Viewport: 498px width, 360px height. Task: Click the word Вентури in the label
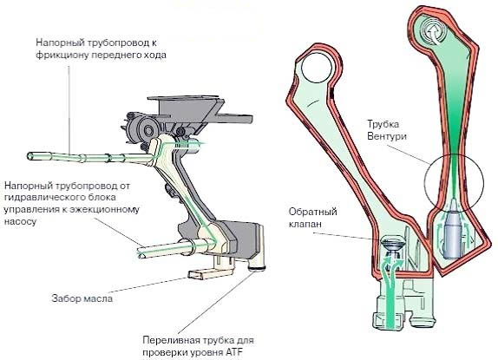(x=387, y=136)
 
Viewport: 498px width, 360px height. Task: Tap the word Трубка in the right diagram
(x=383, y=124)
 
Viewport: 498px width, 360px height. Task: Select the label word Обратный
(x=313, y=212)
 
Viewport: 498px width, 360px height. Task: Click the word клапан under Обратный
(x=305, y=224)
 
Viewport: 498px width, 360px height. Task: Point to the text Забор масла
(x=82, y=298)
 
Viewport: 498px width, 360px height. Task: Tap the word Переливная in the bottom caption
(x=172, y=341)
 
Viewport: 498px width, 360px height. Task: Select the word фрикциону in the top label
(x=62, y=55)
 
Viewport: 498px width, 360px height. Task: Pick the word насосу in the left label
(x=20, y=221)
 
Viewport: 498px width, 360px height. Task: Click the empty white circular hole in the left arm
(x=317, y=68)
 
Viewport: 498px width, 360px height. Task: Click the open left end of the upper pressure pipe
(x=30, y=156)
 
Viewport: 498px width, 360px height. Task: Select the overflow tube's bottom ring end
(x=257, y=269)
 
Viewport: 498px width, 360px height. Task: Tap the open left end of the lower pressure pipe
(x=141, y=252)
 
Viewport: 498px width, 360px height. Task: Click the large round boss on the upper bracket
(x=148, y=130)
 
